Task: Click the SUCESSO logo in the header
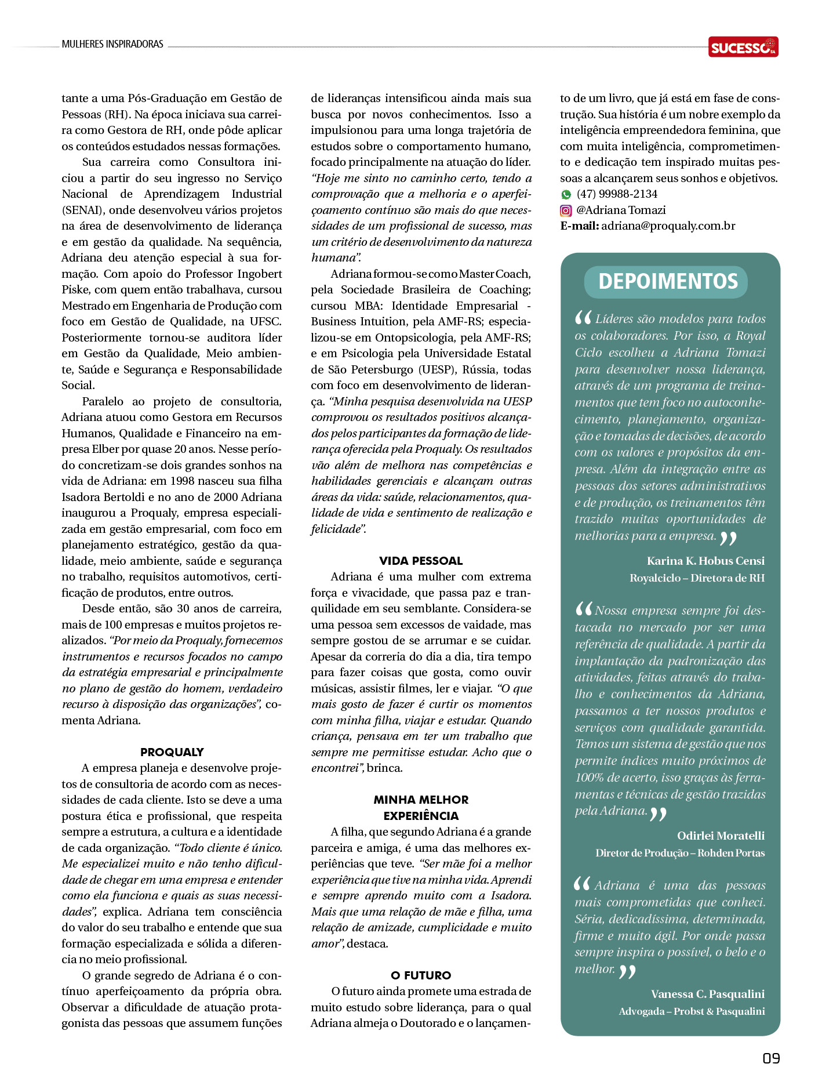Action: point(743,47)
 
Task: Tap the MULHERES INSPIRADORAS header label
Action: point(112,44)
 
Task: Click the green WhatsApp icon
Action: point(566,195)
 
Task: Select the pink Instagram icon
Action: point(566,210)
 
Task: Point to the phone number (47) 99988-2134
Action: point(617,194)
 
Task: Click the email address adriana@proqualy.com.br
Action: point(668,226)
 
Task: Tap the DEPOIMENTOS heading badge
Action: point(667,282)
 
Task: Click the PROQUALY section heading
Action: point(172,752)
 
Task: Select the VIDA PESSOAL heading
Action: point(421,561)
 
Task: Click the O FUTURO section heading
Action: point(421,975)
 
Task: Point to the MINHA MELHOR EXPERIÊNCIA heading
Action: point(421,808)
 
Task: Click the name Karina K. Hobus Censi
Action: point(705,561)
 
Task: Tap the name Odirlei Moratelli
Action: point(721,836)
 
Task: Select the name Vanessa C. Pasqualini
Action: point(707,994)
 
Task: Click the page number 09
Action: point(770,1058)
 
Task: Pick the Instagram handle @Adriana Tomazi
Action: point(621,210)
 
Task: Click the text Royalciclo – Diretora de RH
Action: point(697,578)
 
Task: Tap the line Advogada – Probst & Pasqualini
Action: point(692,1011)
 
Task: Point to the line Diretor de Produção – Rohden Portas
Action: point(679,853)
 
